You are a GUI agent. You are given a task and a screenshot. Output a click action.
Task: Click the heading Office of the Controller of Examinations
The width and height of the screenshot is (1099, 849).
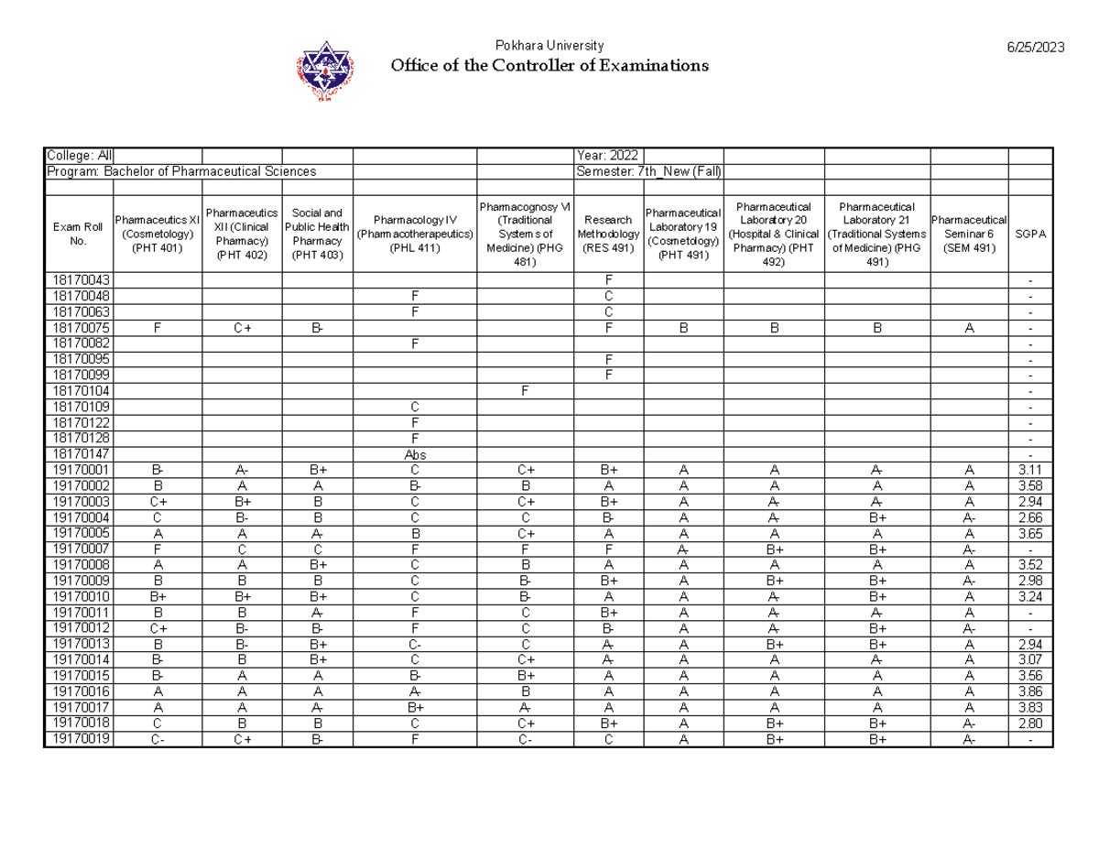click(x=549, y=66)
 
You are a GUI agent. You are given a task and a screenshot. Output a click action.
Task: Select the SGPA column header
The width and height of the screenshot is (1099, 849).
click(x=1030, y=234)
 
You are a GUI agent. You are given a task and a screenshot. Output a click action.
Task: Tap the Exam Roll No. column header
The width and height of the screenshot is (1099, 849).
click(x=77, y=234)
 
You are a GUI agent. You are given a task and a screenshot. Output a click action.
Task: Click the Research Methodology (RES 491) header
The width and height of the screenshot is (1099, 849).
click(x=608, y=234)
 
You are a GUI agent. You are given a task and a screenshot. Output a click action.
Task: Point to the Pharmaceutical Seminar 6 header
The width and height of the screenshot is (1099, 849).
click(x=968, y=234)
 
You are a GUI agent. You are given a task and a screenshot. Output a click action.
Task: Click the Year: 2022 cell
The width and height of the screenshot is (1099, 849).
click(x=608, y=156)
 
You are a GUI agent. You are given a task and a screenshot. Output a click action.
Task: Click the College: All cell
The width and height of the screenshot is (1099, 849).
click(x=79, y=156)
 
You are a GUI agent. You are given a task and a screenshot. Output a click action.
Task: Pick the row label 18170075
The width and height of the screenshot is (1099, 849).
click(x=78, y=328)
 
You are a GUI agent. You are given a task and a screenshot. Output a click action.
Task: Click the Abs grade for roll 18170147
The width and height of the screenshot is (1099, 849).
click(x=415, y=454)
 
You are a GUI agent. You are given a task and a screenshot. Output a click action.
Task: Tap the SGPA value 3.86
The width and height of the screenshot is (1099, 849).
click(x=1030, y=692)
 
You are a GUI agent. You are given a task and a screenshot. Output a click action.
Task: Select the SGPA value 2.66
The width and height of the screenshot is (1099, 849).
click(x=1030, y=517)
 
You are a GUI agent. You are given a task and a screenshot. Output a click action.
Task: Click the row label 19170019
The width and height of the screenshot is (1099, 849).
click(x=78, y=740)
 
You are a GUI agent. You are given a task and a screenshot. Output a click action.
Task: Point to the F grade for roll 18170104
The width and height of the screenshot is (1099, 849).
click(x=525, y=391)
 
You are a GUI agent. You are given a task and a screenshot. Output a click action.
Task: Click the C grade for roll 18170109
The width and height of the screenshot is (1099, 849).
click(x=415, y=407)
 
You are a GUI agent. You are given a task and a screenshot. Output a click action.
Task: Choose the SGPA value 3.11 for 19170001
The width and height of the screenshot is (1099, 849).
click(x=1030, y=470)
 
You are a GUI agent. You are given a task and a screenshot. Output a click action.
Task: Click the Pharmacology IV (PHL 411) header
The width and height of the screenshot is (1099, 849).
click(x=415, y=234)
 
